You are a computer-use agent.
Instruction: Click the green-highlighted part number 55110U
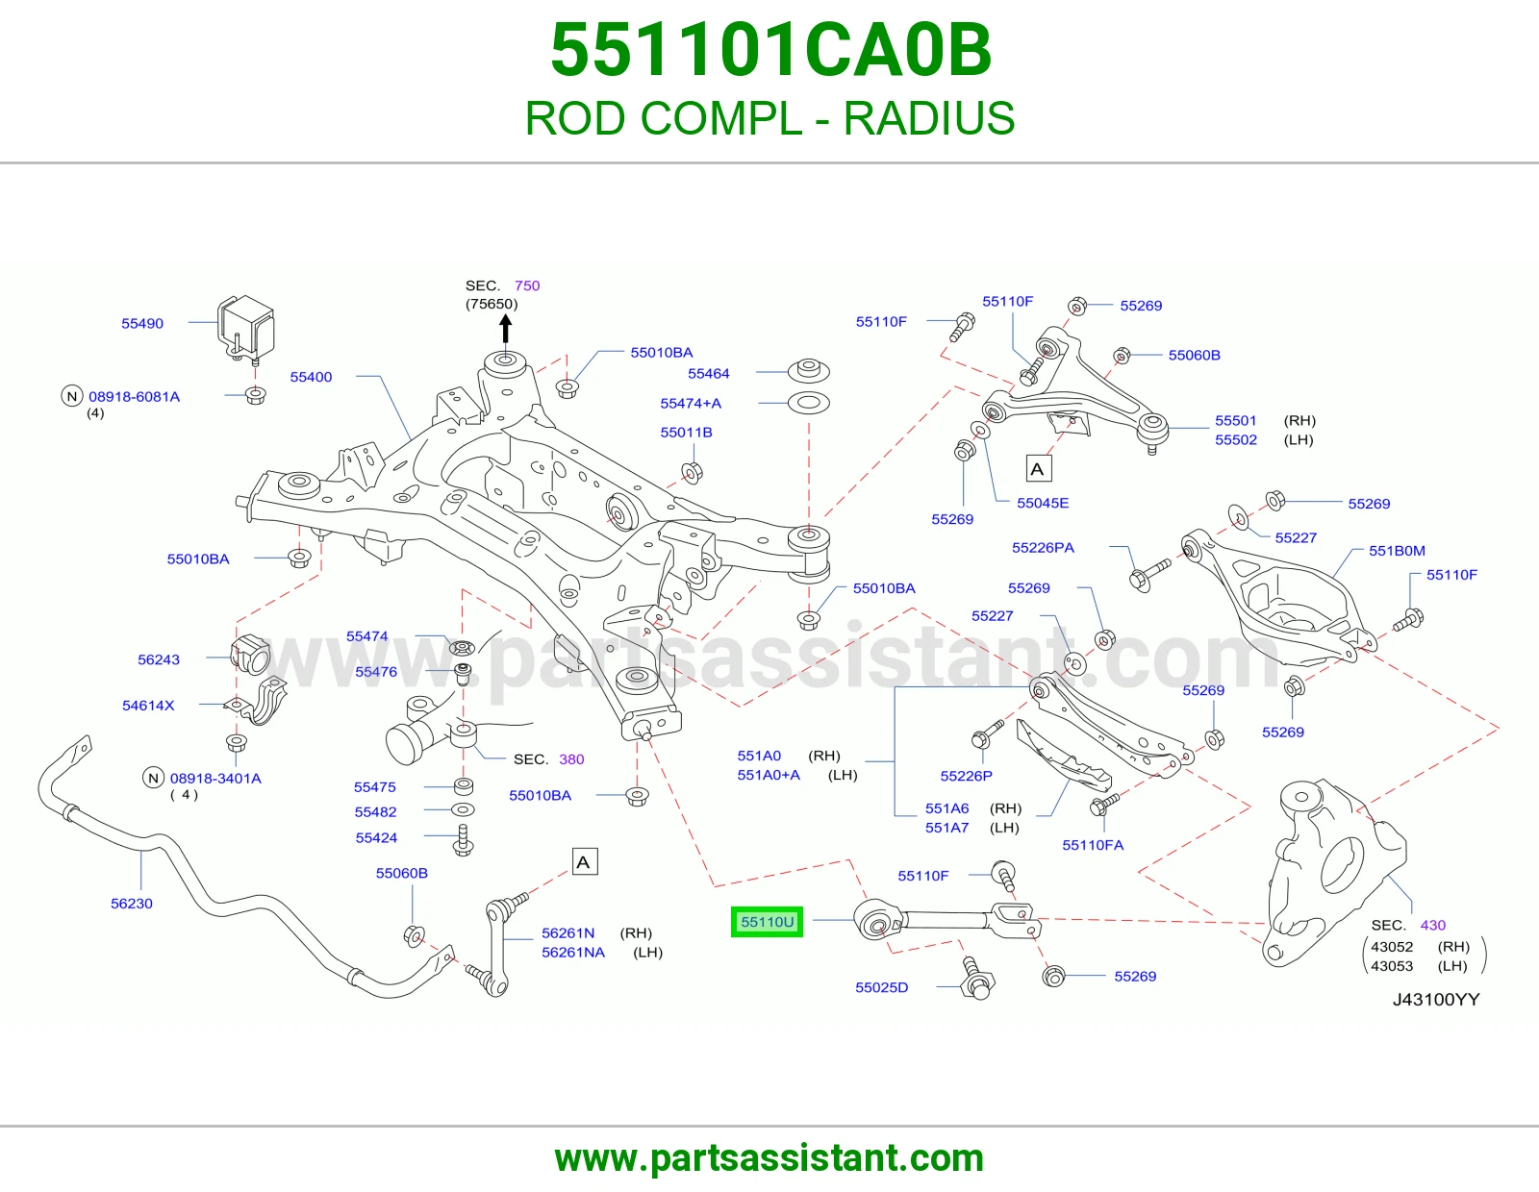[x=767, y=922]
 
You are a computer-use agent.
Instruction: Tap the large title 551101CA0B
[x=770, y=50]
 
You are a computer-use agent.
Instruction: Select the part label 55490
[x=142, y=324]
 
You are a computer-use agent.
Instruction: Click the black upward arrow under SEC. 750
[x=505, y=330]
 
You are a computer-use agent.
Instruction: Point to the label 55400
[x=311, y=377]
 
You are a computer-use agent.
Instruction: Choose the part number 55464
[x=708, y=373]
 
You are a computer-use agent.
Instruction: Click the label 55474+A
[x=691, y=403]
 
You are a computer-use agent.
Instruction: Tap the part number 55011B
[x=686, y=432]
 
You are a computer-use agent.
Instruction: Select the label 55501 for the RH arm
[x=1235, y=420]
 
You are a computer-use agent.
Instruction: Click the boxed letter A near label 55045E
[x=1038, y=468]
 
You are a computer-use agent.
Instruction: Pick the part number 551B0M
[x=1397, y=550]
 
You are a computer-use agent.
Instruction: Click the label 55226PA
[x=1043, y=547]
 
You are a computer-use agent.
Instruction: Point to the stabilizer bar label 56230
[x=132, y=904]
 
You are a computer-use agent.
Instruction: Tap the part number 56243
[x=159, y=659]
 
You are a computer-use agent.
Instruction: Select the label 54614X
[x=148, y=705]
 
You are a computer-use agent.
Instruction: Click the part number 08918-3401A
[x=215, y=778]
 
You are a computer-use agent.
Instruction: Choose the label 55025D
[x=881, y=986]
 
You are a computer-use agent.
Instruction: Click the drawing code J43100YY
[x=1435, y=999]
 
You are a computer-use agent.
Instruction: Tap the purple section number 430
[x=1433, y=925]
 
